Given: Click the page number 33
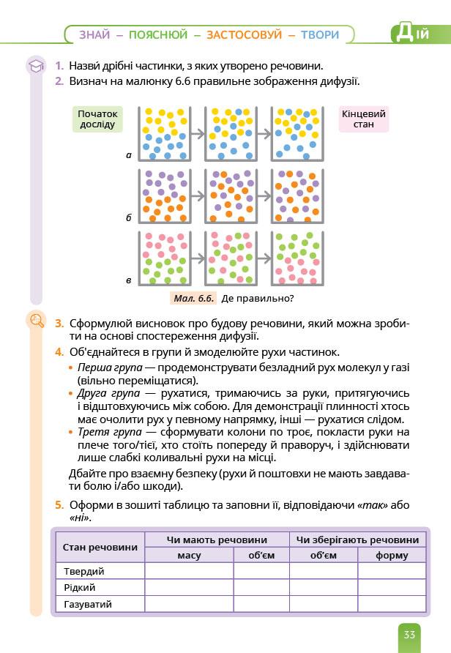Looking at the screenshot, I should [409, 634].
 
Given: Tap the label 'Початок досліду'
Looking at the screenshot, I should [97, 119].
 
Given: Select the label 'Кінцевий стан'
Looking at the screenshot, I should [363, 119].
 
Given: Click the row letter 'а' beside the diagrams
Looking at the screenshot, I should [128, 155].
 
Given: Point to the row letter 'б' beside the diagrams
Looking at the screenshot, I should [128, 217].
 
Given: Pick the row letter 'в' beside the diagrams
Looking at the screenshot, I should [128, 280].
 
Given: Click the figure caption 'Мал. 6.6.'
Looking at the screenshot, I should [194, 298].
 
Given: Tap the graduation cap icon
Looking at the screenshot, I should [35, 67].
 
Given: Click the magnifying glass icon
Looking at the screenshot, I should [35, 320].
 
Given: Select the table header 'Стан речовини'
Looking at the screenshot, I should [100, 547].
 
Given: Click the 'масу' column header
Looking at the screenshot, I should [189, 556].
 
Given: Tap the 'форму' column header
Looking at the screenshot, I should [392, 556].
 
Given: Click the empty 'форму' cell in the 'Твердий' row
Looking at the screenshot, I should [392, 571].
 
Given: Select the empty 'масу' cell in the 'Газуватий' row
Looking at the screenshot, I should [189, 604].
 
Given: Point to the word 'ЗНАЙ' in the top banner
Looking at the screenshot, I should [94, 34].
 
